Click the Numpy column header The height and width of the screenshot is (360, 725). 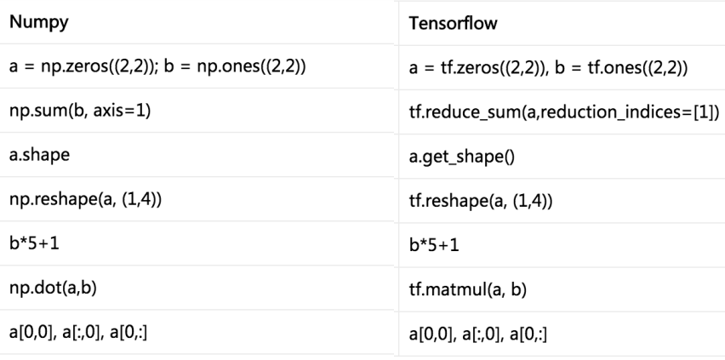[39, 22]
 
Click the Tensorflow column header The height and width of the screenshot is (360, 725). [453, 23]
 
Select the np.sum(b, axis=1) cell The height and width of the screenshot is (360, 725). [80, 111]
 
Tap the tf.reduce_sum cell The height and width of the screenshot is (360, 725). [564, 112]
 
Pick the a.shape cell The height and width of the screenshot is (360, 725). [39, 155]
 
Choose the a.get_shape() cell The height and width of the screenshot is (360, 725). [461, 157]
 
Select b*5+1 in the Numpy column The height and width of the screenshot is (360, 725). [34, 243]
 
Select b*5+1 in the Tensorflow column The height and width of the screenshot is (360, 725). [434, 245]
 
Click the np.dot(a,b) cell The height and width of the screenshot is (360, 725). [53, 288]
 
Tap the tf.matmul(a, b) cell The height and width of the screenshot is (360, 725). [467, 289]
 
